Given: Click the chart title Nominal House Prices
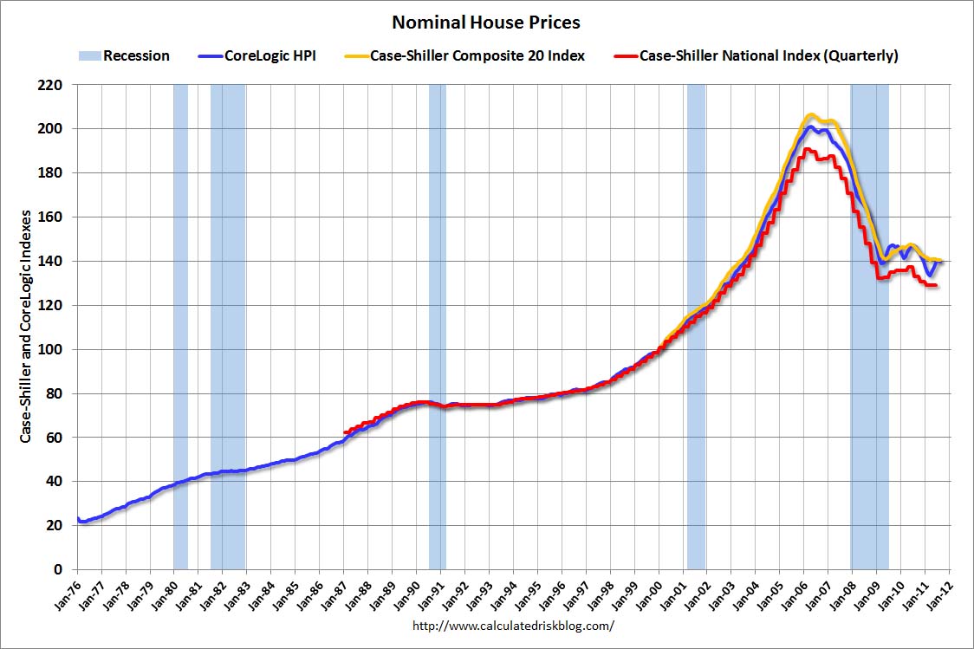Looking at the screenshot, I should click(x=486, y=22).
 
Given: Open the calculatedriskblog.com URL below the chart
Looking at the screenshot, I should click(x=513, y=625).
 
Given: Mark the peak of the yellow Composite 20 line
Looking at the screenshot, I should click(x=810, y=114).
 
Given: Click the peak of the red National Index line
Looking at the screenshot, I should click(x=805, y=149).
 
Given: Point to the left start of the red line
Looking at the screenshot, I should click(x=345, y=432).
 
